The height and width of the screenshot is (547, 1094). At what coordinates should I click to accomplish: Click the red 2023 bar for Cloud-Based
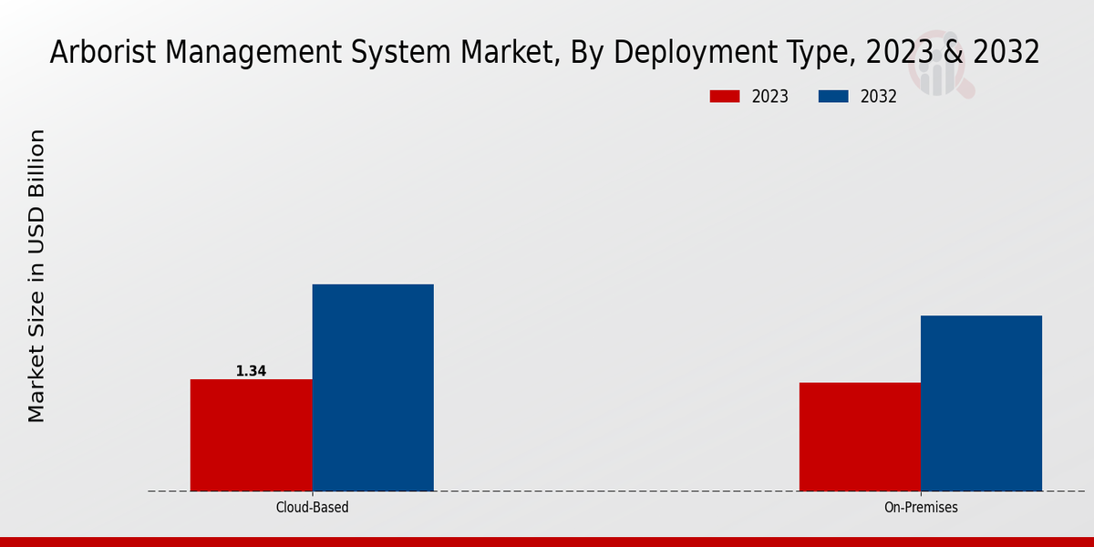click(251, 435)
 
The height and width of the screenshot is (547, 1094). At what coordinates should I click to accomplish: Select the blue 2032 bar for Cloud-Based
click(373, 387)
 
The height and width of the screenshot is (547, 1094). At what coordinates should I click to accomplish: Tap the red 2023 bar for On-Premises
click(860, 437)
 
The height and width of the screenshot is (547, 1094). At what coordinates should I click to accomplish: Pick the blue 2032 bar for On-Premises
click(981, 403)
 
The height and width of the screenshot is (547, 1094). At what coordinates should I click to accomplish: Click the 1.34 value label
click(251, 371)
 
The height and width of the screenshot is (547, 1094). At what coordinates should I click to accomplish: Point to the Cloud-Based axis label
click(312, 507)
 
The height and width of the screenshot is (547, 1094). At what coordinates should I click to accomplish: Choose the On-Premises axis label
click(921, 507)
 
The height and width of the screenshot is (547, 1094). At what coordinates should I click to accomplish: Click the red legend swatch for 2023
click(725, 97)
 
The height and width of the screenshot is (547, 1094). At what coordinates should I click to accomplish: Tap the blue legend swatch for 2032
click(834, 97)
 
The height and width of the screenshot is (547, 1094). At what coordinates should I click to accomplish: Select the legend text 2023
click(769, 97)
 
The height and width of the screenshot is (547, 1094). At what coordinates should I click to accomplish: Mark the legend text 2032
click(878, 97)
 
